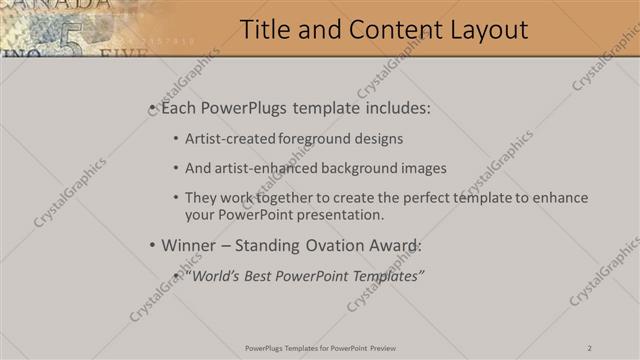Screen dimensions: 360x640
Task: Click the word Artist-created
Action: tap(227, 139)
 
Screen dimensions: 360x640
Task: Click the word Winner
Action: tap(188, 245)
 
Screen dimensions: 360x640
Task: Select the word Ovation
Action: tap(323, 245)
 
